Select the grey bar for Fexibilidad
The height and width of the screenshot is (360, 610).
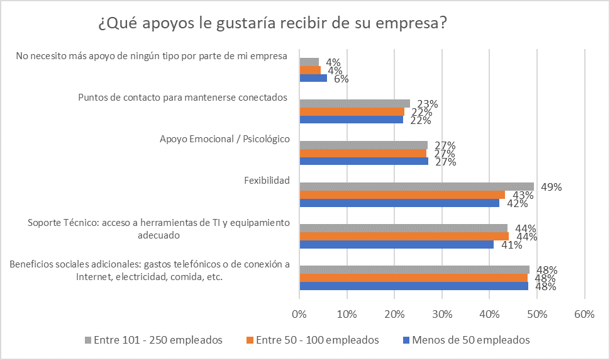point(416,186)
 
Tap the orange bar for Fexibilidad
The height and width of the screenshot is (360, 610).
point(402,194)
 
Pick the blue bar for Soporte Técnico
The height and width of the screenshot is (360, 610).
point(396,244)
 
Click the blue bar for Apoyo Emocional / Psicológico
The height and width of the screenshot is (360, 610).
point(363,161)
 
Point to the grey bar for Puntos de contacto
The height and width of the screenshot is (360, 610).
point(355,103)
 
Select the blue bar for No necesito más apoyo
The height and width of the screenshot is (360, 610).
point(313,79)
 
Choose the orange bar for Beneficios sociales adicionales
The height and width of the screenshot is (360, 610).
point(413,278)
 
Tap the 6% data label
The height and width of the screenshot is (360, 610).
point(341,79)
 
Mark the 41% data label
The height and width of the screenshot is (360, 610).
point(512,245)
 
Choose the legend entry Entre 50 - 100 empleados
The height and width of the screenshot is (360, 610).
point(312,340)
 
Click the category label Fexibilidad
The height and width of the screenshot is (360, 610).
point(267,181)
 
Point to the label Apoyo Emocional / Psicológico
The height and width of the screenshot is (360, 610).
point(225,139)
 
